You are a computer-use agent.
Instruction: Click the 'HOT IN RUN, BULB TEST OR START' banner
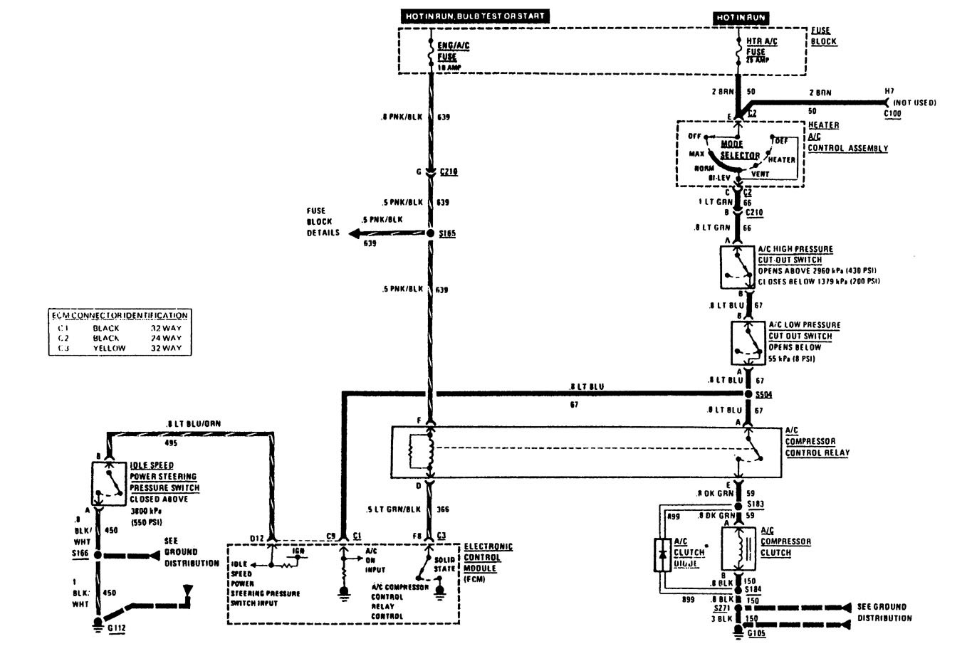pyautogui.click(x=475, y=16)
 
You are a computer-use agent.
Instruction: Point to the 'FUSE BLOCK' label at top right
pyautogui.click(x=824, y=36)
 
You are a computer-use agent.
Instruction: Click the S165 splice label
pyautogui.click(x=448, y=233)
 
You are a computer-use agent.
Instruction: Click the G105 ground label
pyautogui.click(x=757, y=633)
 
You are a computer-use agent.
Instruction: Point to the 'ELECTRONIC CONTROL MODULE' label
pyautogui.click(x=488, y=556)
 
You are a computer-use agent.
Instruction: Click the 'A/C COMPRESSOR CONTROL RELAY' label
pyautogui.click(x=817, y=442)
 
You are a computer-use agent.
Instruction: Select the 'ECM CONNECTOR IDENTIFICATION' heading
pyautogui.click(x=120, y=315)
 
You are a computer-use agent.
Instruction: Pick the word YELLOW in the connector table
pyautogui.click(x=109, y=349)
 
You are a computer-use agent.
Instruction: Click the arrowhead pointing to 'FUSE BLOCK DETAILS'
pyautogui.click(x=354, y=233)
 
